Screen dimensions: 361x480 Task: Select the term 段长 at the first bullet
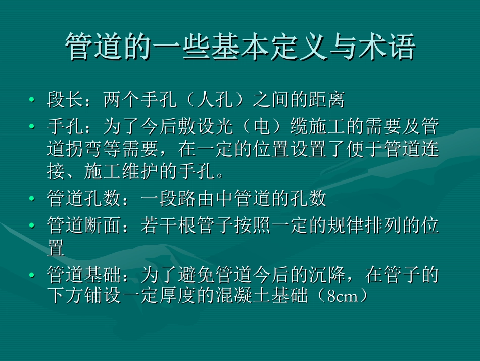point(65,100)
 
